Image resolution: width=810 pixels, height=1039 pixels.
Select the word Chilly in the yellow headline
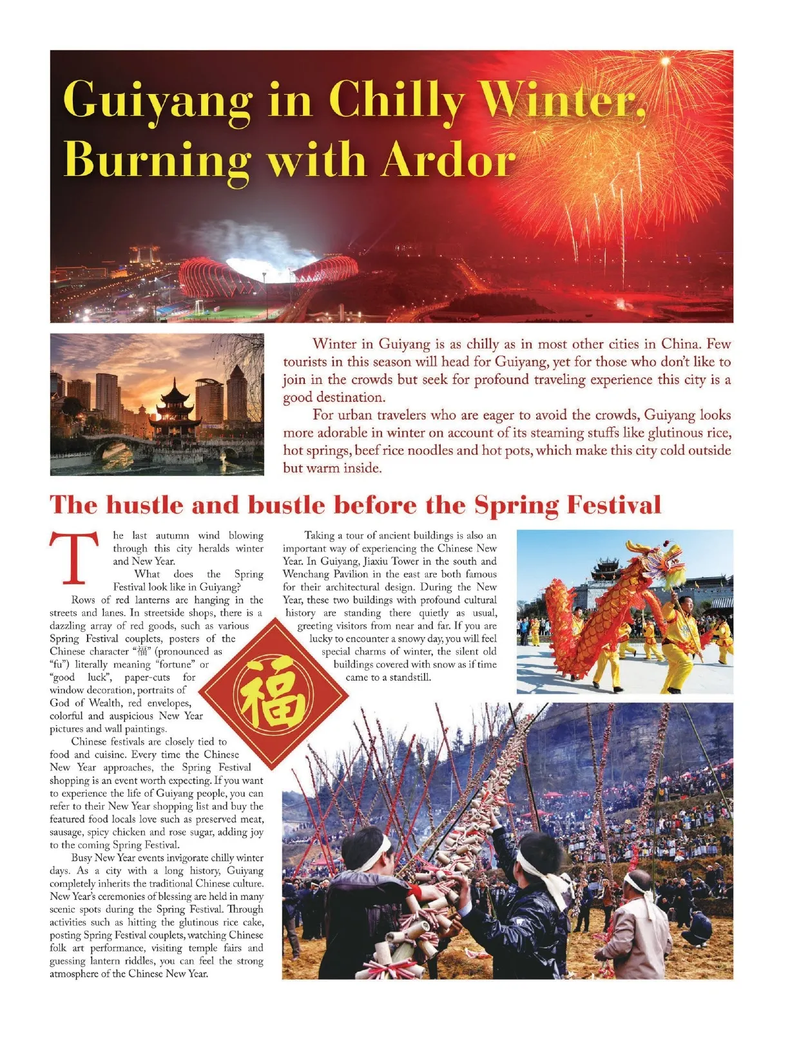[x=397, y=100]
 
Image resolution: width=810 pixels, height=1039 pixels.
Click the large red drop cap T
[x=74, y=558]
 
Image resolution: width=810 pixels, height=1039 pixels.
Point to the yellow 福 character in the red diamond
[x=271, y=694]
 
